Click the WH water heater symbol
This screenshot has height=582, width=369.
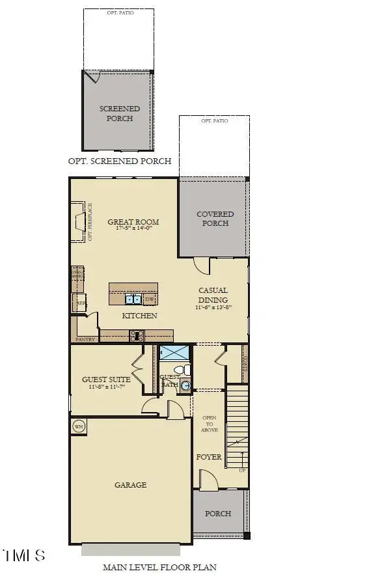[x=79, y=427]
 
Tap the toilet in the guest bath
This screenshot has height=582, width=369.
[x=186, y=370]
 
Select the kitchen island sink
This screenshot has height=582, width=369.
[x=133, y=299]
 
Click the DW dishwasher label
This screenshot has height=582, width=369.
[x=150, y=299]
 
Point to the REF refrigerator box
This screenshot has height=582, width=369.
[x=81, y=303]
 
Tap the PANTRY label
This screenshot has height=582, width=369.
[x=85, y=340]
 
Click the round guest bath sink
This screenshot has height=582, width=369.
[x=185, y=385]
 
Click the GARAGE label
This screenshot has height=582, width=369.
[x=131, y=485]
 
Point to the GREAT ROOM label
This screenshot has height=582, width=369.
[x=133, y=222]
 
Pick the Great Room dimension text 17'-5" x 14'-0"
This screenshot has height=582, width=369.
[x=133, y=229]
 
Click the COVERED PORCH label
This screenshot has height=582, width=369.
[x=215, y=219]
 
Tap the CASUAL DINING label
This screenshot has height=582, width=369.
[x=213, y=295]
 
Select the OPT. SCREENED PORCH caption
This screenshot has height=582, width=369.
[x=120, y=161]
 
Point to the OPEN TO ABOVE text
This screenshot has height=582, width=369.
[x=209, y=424]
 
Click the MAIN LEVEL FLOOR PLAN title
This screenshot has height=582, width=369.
[x=159, y=568]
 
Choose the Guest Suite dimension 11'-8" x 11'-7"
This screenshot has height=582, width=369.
[x=106, y=387]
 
